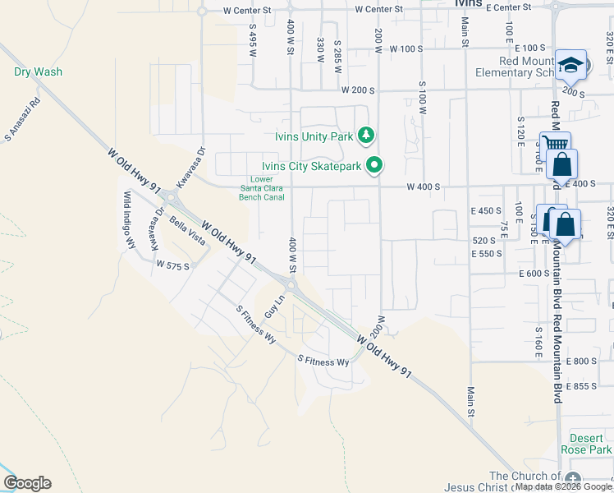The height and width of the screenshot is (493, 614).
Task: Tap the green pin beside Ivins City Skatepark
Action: coord(375,165)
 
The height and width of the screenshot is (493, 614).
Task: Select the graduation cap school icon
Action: coord(570,64)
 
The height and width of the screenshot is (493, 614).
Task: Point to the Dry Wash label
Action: coord(38,71)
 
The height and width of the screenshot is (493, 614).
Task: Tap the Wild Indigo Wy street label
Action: coord(129,219)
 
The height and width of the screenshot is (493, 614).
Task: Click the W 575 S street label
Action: coord(172,265)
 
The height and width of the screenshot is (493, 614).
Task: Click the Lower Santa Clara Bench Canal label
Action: coord(261,188)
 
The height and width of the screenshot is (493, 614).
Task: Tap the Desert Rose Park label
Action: coord(586,444)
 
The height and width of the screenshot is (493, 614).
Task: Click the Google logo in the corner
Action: coord(27,483)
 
